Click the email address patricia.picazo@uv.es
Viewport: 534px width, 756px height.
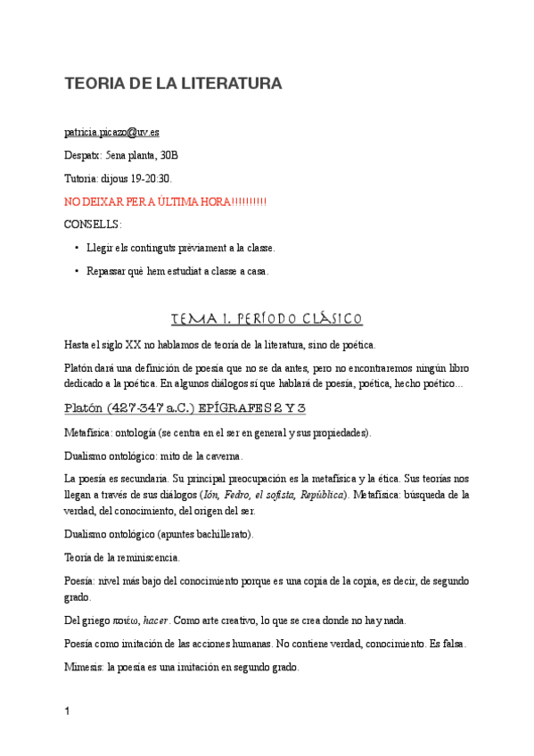[x=111, y=132]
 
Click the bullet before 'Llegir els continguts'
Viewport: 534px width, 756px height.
[x=77, y=248]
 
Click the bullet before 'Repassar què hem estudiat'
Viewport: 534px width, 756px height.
[x=77, y=271]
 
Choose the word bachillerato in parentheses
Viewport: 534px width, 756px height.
[x=223, y=534]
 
